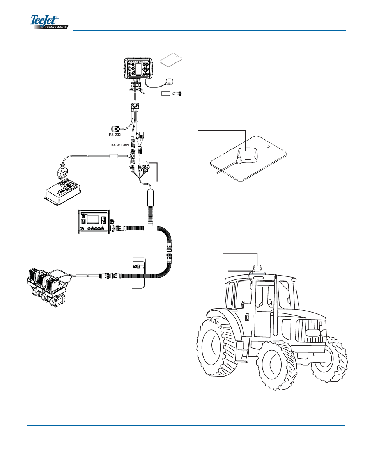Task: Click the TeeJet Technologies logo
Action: point(49,22)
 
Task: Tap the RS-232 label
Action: point(115,135)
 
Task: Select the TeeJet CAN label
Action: point(119,145)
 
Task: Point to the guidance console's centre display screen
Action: point(138,69)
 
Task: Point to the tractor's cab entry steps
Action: point(241,351)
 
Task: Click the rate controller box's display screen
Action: point(93,219)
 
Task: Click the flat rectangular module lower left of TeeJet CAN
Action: point(62,191)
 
